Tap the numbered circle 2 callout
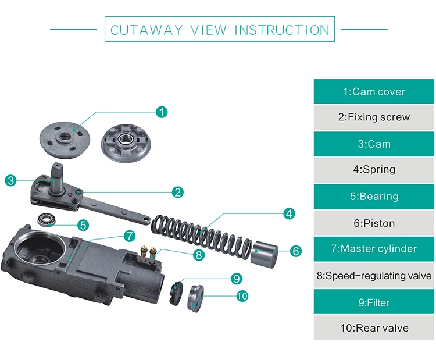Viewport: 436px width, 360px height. click(x=178, y=192)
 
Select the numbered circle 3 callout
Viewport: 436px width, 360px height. click(x=10, y=180)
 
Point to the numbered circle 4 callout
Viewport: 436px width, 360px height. click(x=289, y=213)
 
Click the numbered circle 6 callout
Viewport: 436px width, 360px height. click(x=295, y=251)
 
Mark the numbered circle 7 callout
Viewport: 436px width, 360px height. click(x=129, y=236)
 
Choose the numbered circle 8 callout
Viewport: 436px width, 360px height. click(x=199, y=254)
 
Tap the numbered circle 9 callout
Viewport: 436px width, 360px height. click(x=236, y=279)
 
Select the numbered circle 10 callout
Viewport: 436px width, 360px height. click(x=242, y=296)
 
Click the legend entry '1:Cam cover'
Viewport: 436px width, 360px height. click(x=374, y=92)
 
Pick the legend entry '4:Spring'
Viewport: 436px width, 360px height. click(x=374, y=170)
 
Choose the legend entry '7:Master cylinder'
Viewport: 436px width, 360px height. click(x=374, y=248)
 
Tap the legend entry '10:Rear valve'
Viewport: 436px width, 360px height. click(x=374, y=328)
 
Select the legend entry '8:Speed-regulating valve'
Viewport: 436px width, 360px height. click(x=374, y=275)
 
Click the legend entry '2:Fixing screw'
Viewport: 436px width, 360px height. click(x=374, y=117)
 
